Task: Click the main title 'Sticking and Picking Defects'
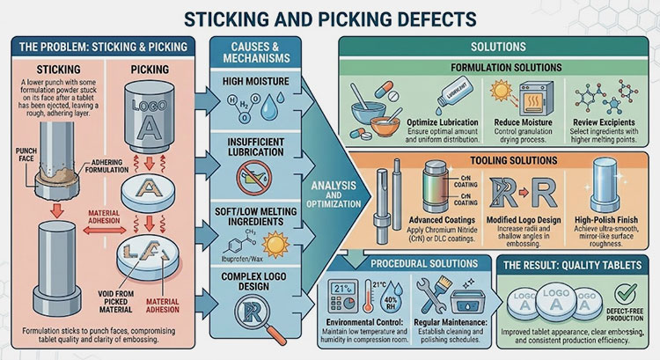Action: (x=330, y=17)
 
